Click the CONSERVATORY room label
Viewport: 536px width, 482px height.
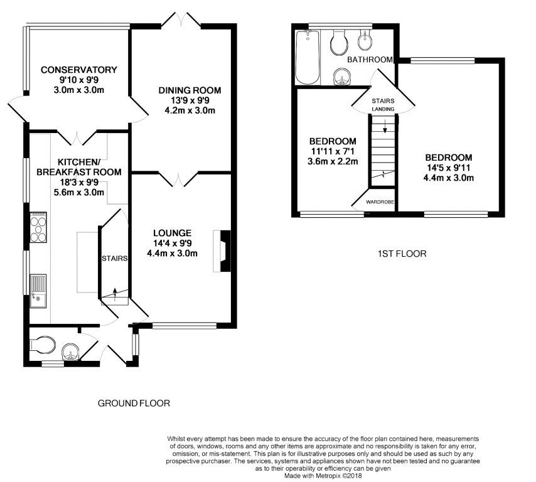point(79,70)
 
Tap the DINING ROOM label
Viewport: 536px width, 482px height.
point(190,90)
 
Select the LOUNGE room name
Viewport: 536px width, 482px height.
point(172,233)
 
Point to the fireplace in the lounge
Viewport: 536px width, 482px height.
point(222,251)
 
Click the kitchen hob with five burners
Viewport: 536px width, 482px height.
point(38,227)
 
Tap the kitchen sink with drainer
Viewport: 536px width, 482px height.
point(38,291)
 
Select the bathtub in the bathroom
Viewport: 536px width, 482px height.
point(308,56)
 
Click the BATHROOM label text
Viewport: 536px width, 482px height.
point(370,60)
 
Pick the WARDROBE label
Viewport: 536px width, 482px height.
point(380,202)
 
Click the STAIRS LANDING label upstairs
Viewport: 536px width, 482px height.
point(383,105)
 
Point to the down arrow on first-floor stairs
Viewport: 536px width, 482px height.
point(385,126)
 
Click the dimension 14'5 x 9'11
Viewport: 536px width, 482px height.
point(449,168)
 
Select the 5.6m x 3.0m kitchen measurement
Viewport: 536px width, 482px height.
point(79,193)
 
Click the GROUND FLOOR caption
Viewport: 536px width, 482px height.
point(134,404)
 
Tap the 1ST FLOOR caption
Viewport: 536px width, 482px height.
point(402,254)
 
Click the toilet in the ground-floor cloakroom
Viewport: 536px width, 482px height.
point(43,345)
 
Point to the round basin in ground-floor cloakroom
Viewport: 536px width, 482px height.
point(71,351)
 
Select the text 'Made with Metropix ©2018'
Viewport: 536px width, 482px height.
point(323,476)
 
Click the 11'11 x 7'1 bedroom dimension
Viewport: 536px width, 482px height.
point(333,151)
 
